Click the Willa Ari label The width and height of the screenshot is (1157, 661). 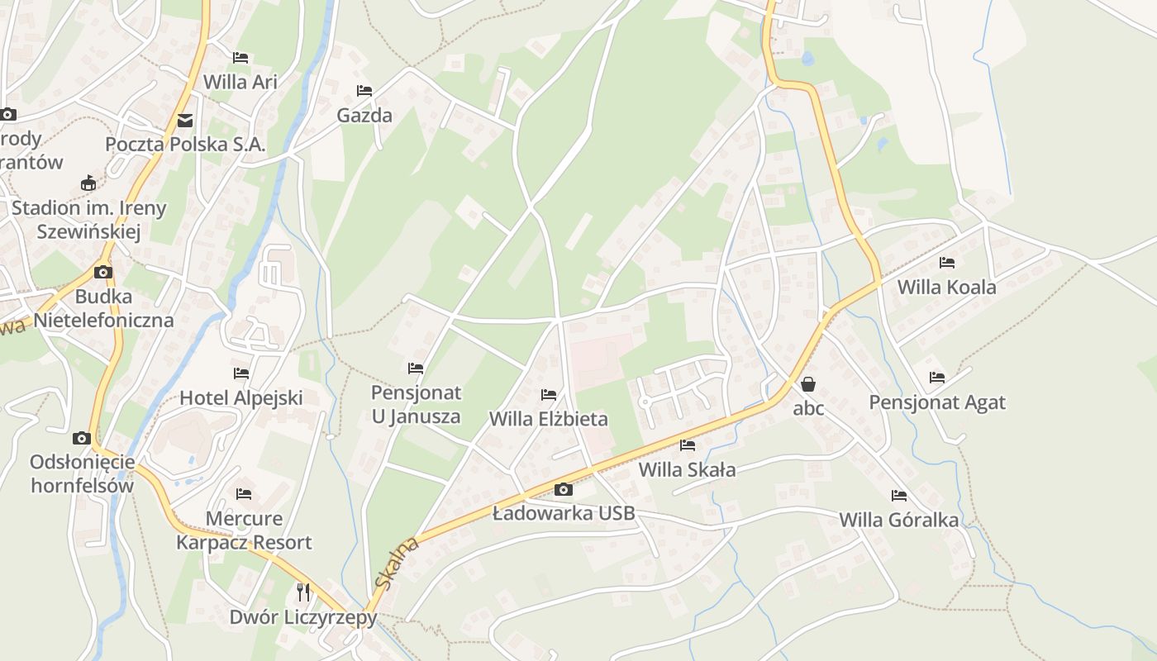240,82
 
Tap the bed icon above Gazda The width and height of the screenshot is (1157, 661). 364,90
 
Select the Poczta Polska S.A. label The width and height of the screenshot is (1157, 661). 185,144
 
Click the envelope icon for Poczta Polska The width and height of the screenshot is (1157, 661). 185,121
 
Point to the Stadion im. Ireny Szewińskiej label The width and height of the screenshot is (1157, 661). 88,220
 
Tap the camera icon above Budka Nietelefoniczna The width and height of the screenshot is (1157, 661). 103,272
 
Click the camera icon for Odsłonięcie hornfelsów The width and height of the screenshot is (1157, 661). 81,438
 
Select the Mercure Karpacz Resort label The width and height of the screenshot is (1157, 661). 244,530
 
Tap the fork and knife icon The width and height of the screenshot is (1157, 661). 303,592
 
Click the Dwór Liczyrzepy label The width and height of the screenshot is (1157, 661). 303,617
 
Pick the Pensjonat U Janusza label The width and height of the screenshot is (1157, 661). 416,404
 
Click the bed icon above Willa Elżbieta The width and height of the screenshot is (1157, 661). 549,395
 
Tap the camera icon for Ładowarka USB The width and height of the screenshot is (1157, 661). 564,489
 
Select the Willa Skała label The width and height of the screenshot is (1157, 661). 687,470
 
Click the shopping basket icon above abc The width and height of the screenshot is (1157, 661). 808,384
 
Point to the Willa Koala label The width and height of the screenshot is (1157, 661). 946,288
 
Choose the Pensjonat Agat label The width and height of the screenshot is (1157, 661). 937,402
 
